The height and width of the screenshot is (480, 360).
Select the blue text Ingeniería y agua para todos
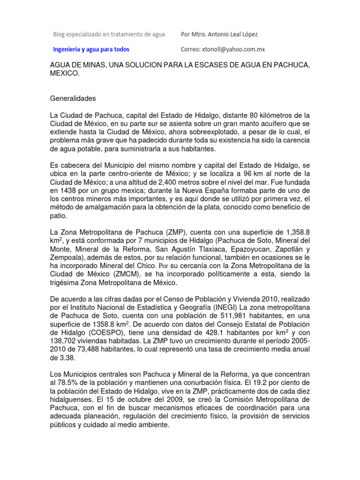point(91,49)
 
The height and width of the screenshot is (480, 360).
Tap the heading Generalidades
point(73,98)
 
